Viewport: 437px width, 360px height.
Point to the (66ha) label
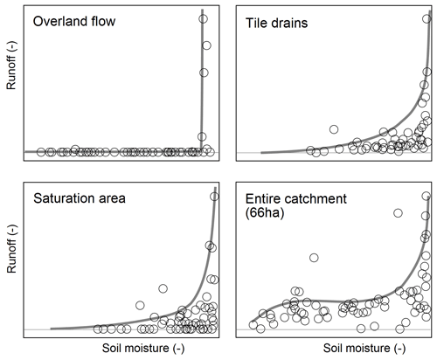tap(265, 213)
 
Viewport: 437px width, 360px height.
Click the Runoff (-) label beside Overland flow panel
tap(11, 66)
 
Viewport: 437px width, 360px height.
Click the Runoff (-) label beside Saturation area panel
tap(11, 249)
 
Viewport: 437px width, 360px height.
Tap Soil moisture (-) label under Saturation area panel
tap(143, 348)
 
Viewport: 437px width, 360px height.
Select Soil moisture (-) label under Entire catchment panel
tap(364, 348)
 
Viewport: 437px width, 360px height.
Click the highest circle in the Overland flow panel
tap(203, 19)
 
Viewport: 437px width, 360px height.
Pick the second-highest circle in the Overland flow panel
tap(206, 45)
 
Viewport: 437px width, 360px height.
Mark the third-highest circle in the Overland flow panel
tap(204, 73)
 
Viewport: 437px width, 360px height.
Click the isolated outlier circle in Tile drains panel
tap(334, 129)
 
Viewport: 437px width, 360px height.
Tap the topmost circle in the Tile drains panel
tap(427, 19)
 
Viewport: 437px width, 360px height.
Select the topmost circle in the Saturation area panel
tap(214, 197)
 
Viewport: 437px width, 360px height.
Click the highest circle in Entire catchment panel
tap(427, 196)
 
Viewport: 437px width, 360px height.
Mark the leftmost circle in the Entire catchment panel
tap(253, 324)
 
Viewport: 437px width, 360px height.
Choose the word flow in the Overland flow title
tap(103, 22)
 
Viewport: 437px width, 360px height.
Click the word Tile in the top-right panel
tap(256, 23)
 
